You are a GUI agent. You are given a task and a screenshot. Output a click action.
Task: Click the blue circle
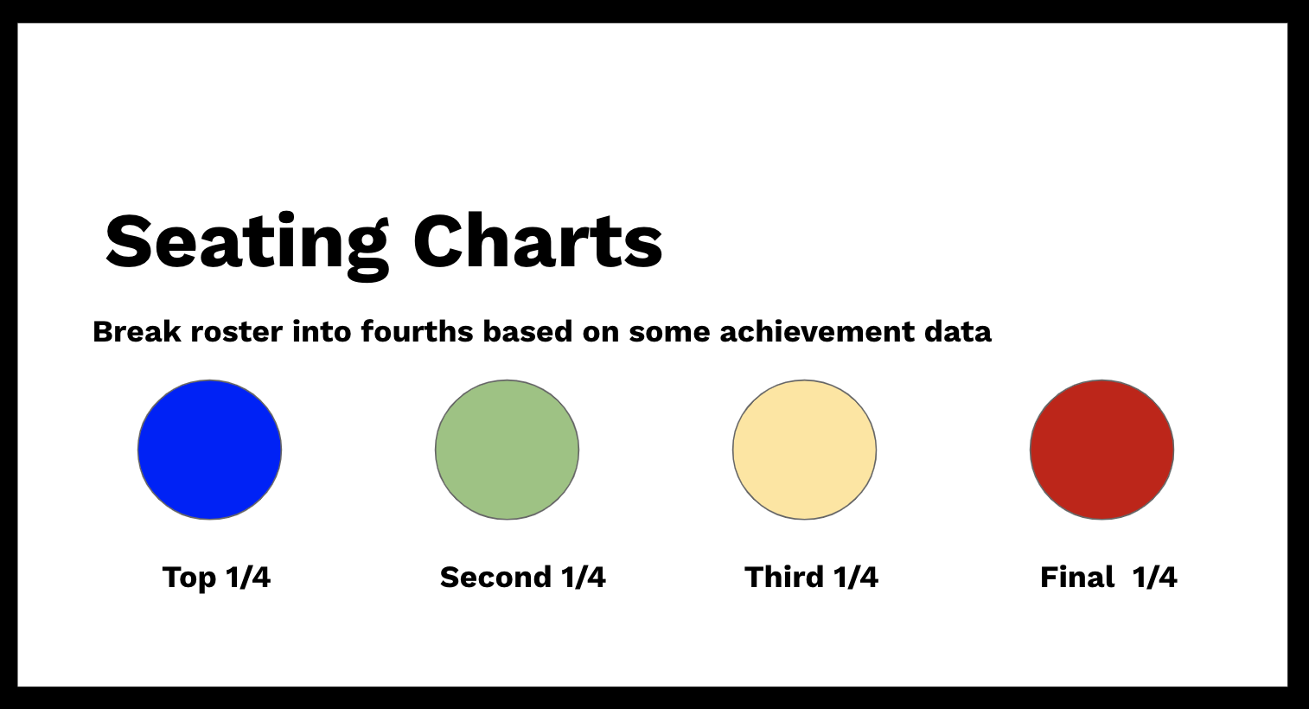pos(209,450)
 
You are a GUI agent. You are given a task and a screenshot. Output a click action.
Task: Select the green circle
pos(507,450)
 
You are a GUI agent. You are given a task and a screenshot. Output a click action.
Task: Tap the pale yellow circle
pos(804,450)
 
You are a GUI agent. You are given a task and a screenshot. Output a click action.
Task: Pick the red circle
pos(1101,450)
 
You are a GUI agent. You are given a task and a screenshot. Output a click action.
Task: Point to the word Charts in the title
pos(538,242)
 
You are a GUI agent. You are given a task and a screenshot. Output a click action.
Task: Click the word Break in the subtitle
pos(137,332)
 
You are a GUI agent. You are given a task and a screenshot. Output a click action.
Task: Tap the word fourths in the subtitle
pos(417,332)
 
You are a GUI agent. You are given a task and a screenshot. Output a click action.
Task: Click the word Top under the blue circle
pos(188,578)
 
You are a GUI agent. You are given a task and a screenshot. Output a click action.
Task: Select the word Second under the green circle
pos(495,578)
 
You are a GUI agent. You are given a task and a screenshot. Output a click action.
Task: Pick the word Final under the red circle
pos(1076,578)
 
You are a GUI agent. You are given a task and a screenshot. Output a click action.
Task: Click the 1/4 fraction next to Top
pos(248,578)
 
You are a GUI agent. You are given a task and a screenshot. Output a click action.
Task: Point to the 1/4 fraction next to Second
pos(584,578)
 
